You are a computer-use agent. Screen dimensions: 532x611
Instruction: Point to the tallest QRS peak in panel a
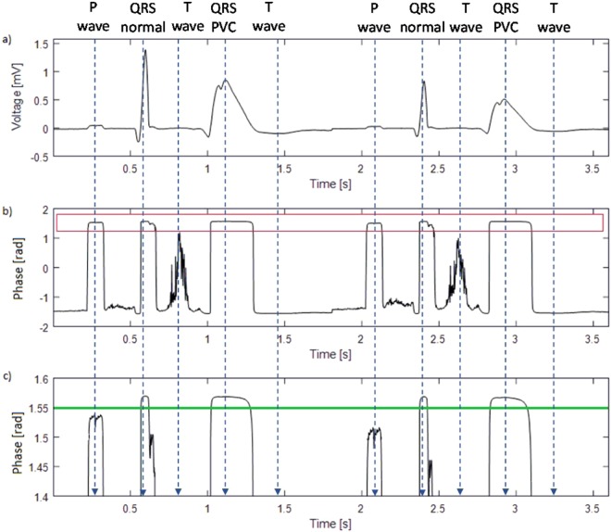144,50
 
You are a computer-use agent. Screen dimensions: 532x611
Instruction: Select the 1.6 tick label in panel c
42,379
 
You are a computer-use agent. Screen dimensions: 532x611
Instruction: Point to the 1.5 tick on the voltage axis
42,43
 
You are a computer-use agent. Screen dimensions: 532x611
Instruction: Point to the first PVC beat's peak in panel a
227,81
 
